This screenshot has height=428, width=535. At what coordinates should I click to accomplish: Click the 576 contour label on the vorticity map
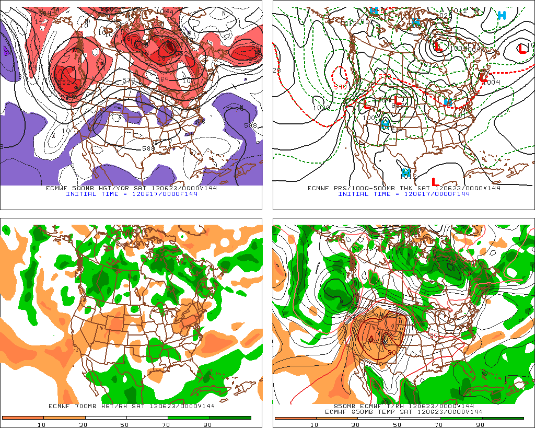(x=129, y=81)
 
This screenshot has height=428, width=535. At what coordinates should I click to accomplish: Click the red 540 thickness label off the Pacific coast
(x=340, y=86)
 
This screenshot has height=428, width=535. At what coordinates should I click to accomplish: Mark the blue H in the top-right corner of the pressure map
(x=502, y=15)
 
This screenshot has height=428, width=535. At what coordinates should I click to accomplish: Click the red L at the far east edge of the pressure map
(x=521, y=49)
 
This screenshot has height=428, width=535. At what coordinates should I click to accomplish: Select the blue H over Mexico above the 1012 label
(x=405, y=171)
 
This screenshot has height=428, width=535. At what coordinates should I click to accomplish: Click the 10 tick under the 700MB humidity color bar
(x=40, y=424)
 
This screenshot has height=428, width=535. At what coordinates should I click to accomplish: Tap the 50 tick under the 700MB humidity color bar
(x=124, y=424)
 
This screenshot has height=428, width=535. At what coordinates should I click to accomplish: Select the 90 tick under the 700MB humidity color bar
(x=207, y=424)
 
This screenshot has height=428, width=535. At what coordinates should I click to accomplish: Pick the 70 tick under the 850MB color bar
(x=439, y=425)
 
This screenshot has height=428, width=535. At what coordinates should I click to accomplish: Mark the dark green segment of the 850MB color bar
(x=502, y=418)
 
